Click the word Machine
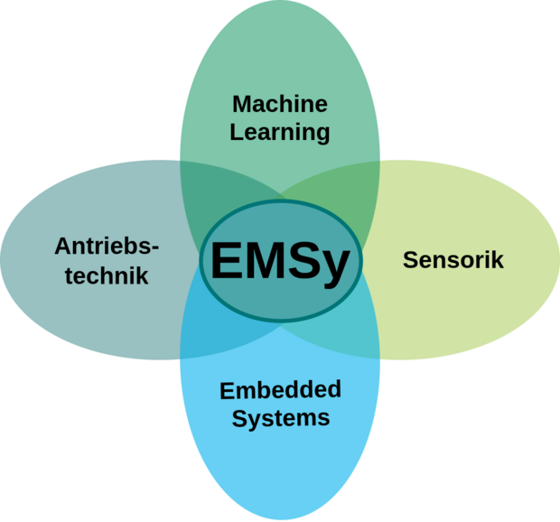click(279, 104)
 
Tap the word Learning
click(279, 132)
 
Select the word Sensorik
click(453, 260)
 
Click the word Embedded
click(281, 390)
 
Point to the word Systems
click(281, 418)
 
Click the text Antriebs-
click(106, 247)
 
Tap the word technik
click(107, 275)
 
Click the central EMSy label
click(280, 261)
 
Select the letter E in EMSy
click(226, 261)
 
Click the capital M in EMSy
click(266, 261)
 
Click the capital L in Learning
click(237, 132)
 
